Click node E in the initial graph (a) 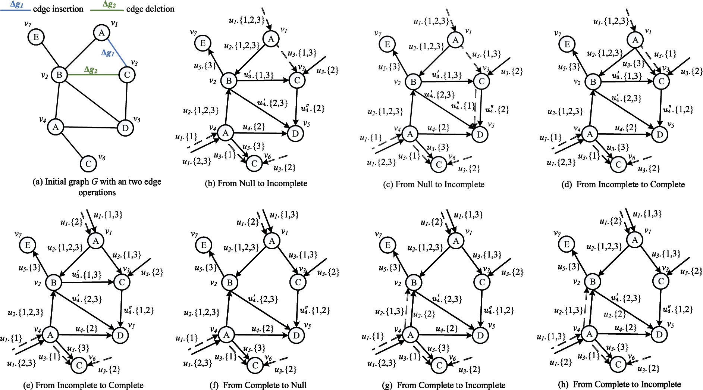(36, 37)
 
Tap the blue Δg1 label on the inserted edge (107, 53)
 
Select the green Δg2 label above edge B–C (91, 69)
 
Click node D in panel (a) (125, 128)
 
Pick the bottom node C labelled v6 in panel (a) (88, 164)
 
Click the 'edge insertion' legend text (58, 9)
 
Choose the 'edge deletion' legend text (150, 9)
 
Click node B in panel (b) (229, 81)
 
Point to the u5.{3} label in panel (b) (205, 66)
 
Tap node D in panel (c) (480, 134)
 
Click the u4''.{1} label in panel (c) (463, 106)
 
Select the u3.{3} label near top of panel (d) (633, 63)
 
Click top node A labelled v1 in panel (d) (635, 40)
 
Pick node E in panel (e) (28, 245)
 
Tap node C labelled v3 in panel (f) (298, 282)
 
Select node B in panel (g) (414, 283)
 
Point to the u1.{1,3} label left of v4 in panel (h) (551, 337)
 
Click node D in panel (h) (659, 334)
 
